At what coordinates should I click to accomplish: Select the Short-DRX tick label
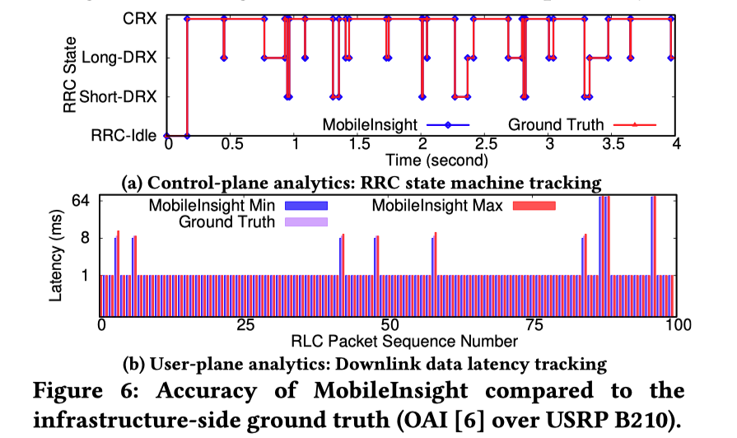(x=123, y=96)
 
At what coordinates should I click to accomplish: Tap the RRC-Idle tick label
(x=128, y=136)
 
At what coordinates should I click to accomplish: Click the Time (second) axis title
(x=422, y=159)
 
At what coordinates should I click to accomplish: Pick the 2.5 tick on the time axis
(x=484, y=144)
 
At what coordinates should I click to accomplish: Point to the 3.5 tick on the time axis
(x=611, y=144)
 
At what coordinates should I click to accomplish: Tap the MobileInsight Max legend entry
(x=436, y=204)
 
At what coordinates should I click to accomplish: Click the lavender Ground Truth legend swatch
(x=306, y=221)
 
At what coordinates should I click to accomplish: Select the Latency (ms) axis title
(x=55, y=257)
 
